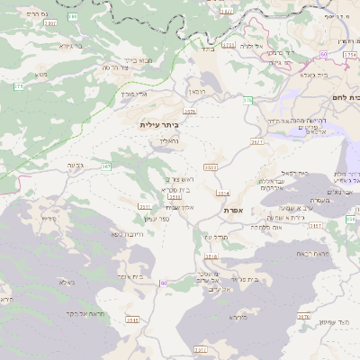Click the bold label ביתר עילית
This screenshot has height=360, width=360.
pyautogui.click(x=159, y=125)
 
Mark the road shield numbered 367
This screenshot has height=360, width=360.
pyautogui.click(x=106, y=166)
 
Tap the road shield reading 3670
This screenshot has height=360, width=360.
pyautogui.click(x=304, y=316)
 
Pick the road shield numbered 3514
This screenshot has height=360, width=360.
pyautogui.click(x=223, y=193)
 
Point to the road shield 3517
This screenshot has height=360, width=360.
pyautogui.click(x=201, y=348)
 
